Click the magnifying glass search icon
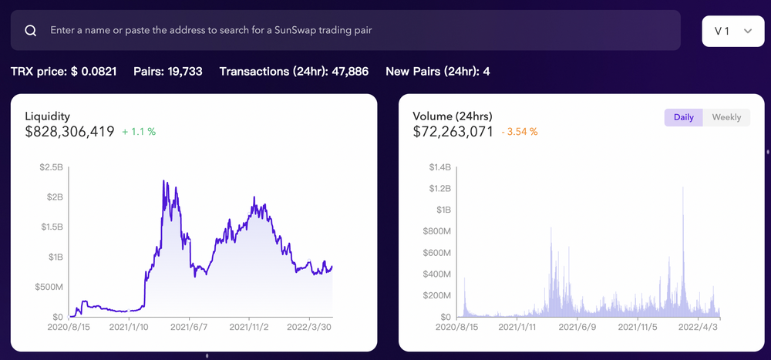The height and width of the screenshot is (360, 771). (31, 31)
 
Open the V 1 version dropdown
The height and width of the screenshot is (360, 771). (733, 31)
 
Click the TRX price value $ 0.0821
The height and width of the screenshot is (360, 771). (94, 72)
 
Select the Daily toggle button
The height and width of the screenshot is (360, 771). (683, 117)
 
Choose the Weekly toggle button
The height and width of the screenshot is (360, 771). (726, 117)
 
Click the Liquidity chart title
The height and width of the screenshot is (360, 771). (48, 116)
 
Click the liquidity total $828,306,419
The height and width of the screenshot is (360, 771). (70, 132)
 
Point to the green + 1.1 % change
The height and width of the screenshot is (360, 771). (139, 132)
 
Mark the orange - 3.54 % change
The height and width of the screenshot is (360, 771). (520, 132)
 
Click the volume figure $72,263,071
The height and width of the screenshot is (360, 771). (453, 132)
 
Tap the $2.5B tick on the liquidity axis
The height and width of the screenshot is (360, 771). (51, 167)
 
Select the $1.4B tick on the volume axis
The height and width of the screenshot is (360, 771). (439, 167)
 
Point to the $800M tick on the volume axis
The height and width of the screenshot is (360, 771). (437, 231)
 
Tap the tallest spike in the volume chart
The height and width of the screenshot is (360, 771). (683, 188)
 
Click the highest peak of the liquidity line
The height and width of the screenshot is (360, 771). (163, 181)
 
